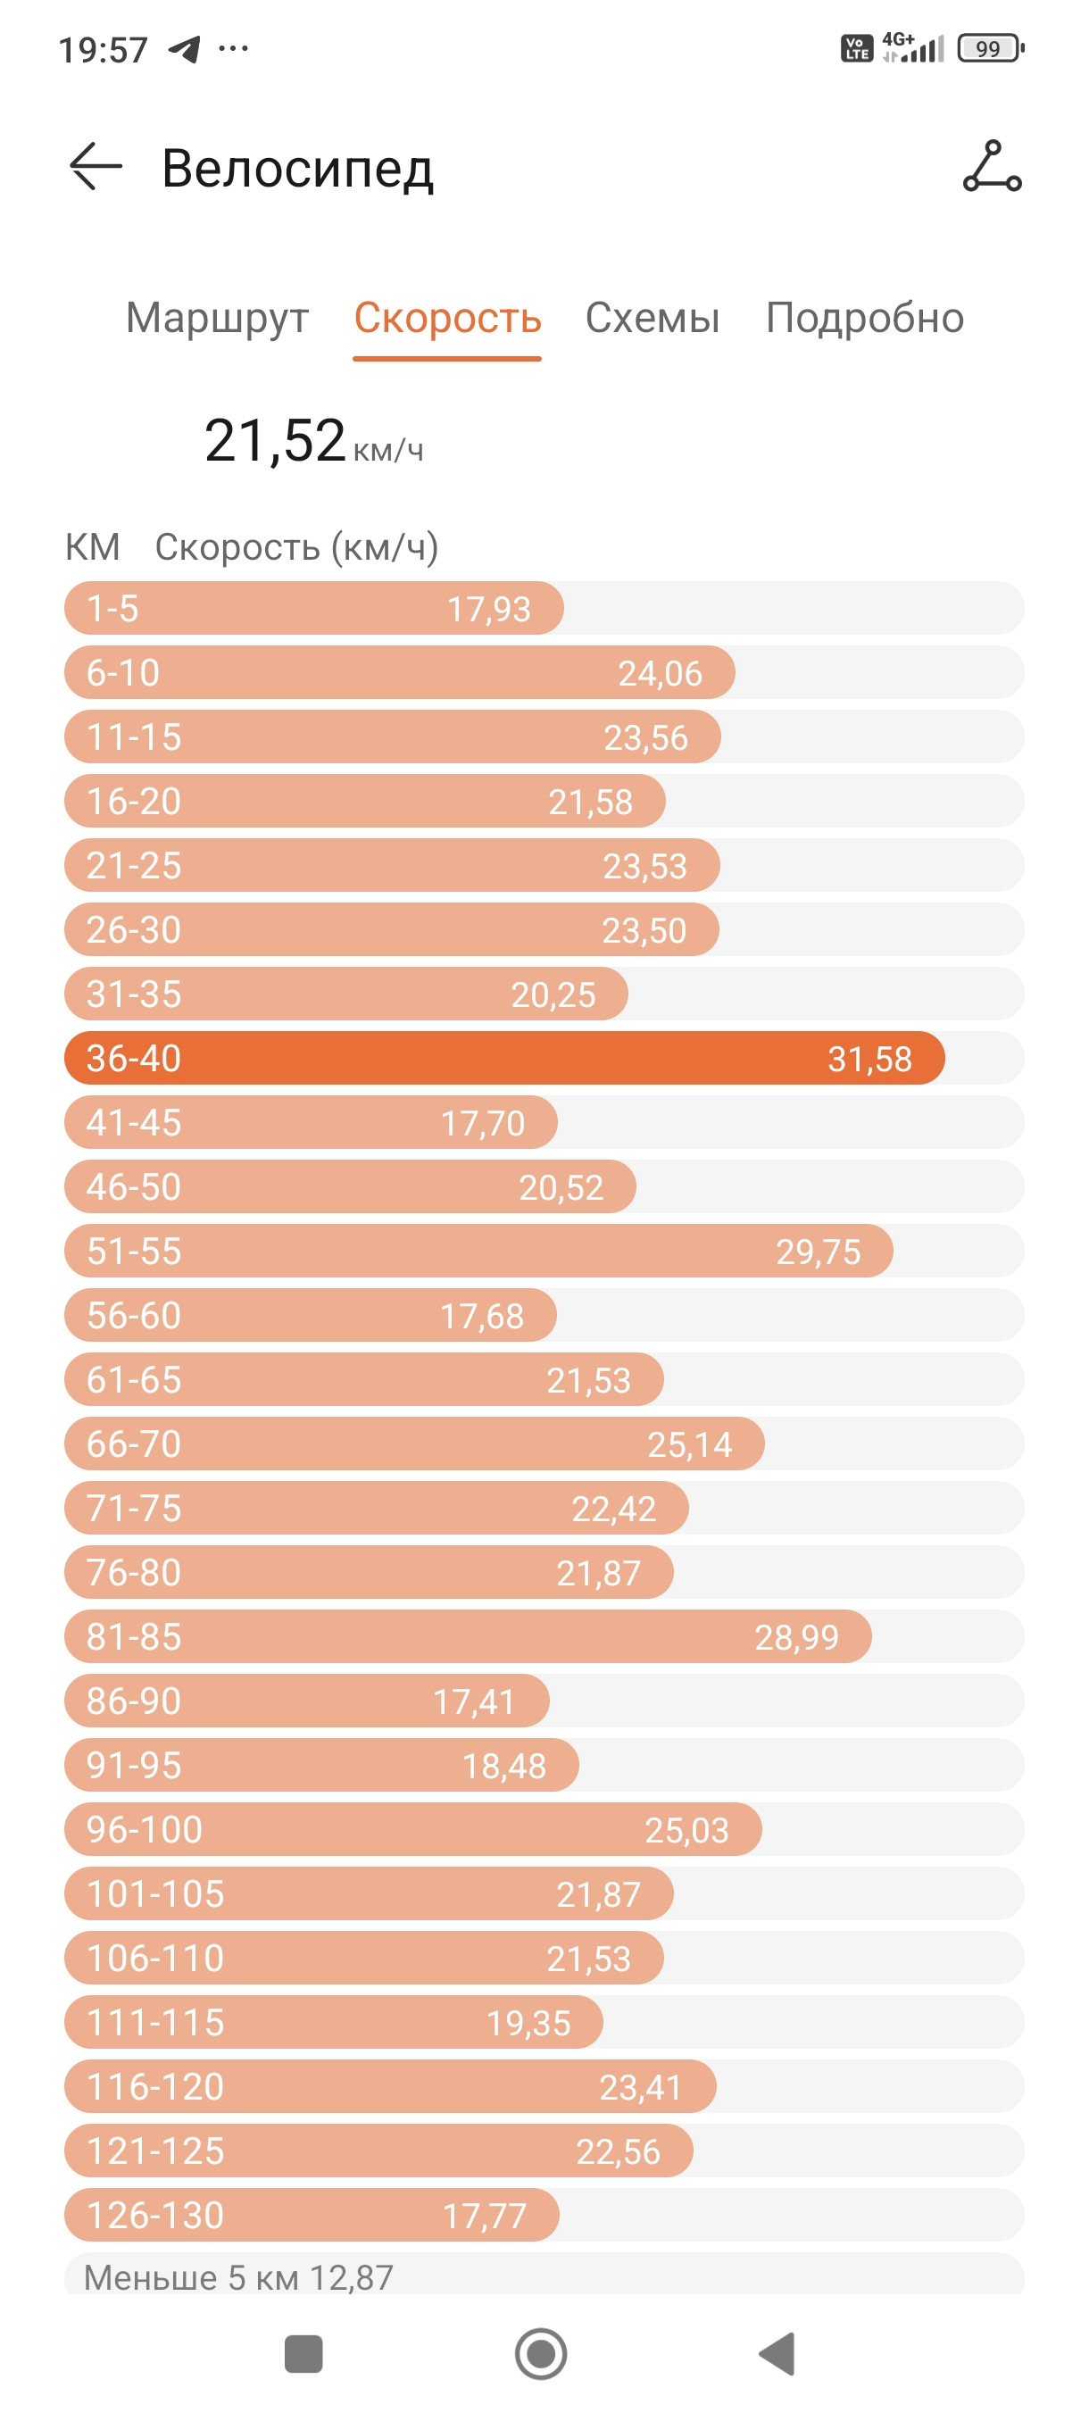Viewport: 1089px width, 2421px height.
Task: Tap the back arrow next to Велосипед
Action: click(96, 166)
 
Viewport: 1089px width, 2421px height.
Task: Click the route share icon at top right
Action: click(992, 166)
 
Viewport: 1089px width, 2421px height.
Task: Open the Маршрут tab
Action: click(217, 319)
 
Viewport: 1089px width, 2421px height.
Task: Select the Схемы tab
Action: click(653, 318)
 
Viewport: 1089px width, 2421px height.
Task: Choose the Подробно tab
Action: click(864, 319)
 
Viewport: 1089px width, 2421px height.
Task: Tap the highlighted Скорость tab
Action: click(447, 319)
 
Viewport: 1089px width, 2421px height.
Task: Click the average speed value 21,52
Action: click(274, 440)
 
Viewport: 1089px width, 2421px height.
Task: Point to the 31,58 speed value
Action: click(869, 1059)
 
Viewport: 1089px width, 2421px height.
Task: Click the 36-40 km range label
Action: click(133, 1058)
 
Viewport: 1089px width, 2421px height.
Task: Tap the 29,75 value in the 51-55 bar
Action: click(818, 1252)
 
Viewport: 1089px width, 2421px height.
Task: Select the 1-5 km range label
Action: click(112, 609)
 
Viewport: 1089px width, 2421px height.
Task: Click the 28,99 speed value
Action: click(796, 1637)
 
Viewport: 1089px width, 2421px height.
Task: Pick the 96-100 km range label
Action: click(145, 1829)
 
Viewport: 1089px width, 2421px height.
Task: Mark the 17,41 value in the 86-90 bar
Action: click(474, 1702)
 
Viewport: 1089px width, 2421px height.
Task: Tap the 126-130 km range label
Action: click(155, 2215)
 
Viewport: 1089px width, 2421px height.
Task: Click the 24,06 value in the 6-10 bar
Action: click(660, 674)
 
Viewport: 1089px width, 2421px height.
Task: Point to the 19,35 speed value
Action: click(528, 2024)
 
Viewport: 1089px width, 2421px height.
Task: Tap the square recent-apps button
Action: click(303, 2354)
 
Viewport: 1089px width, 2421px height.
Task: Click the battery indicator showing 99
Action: click(990, 48)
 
